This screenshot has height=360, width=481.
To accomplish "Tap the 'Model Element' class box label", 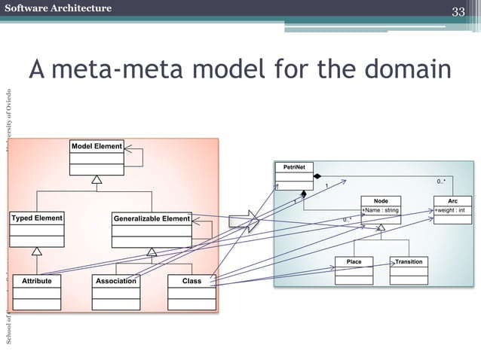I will pyautogui.click(x=97, y=145).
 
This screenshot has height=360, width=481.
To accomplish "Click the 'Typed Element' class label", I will pyautogui.click(x=36, y=218).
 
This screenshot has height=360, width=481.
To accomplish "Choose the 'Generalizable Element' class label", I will pyautogui.click(x=151, y=218).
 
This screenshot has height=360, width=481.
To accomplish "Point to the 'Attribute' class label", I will pyautogui.click(x=36, y=281).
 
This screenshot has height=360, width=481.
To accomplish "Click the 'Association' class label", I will pyautogui.click(x=116, y=281).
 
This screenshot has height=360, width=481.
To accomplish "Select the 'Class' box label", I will pyautogui.click(x=191, y=281).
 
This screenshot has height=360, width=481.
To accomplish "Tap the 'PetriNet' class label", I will pyautogui.click(x=294, y=166).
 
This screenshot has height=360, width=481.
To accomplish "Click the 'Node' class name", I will pyautogui.click(x=381, y=201).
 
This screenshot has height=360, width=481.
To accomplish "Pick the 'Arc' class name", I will pyautogui.click(x=452, y=201).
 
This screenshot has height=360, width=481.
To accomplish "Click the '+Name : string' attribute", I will pyautogui.click(x=381, y=210).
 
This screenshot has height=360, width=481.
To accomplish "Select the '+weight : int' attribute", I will pyautogui.click(x=452, y=210).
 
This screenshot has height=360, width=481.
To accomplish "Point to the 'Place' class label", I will pyautogui.click(x=354, y=261).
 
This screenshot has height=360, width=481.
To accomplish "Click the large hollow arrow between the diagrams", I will pyautogui.click(x=243, y=221).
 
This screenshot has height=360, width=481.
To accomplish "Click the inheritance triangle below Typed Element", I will pyautogui.click(x=36, y=250).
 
